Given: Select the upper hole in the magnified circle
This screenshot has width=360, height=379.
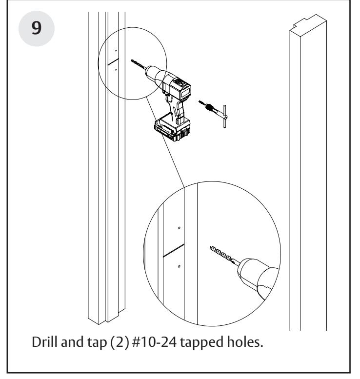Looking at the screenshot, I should click(180, 228).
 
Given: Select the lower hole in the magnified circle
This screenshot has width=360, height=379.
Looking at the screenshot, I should click(180, 266).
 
